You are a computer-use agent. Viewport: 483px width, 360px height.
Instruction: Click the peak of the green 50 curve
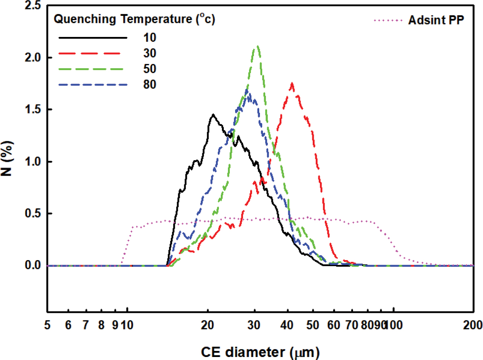click(x=257, y=46)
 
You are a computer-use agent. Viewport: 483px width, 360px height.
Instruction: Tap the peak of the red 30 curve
click(x=292, y=84)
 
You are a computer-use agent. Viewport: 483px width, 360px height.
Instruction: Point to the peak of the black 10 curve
click(x=213, y=115)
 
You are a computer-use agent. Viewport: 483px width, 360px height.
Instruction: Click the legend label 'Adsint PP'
click(x=436, y=20)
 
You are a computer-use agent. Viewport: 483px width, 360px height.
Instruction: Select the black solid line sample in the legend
click(x=93, y=38)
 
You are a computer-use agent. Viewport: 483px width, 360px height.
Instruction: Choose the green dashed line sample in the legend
click(x=91, y=69)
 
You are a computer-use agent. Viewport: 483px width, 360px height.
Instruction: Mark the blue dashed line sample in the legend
click(x=93, y=85)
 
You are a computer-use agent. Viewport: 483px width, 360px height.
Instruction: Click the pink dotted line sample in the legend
click(x=388, y=20)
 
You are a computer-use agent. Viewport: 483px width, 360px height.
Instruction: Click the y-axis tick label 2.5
click(x=33, y=6)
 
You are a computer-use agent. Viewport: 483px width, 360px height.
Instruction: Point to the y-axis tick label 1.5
click(x=33, y=110)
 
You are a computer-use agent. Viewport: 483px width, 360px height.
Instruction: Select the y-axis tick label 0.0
click(x=33, y=265)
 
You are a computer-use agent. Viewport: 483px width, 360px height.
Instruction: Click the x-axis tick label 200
click(x=472, y=325)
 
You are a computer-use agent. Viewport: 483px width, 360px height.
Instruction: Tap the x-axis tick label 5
click(x=47, y=325)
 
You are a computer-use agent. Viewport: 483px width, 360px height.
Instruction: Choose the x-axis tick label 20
click(x=207, y=325)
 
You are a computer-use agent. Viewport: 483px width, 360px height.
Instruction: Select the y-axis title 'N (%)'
click(x=8, y=158)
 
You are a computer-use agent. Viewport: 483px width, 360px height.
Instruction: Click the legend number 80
click(x=150, y=85)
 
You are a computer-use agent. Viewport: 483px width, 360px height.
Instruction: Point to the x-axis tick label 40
click(x=287, y=325)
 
